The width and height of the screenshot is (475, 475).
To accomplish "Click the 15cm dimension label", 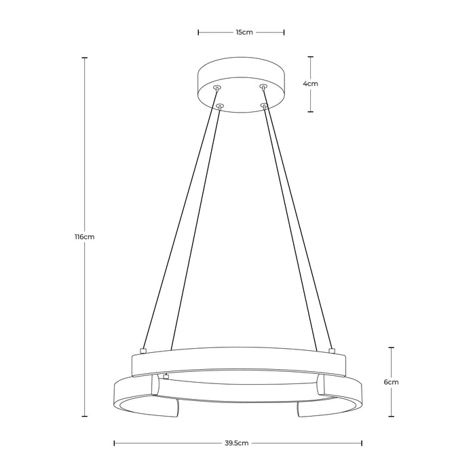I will (x=241, y=31).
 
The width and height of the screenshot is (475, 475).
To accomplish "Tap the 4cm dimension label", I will (x=311, y=83).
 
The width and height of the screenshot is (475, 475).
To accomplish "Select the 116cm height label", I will (x=84, y=237).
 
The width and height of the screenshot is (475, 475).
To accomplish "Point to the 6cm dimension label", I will (x=391, y=382).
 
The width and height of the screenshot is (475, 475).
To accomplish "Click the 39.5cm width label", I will (x=236, y=443).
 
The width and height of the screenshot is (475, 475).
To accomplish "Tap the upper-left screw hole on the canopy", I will (x=216, y=88).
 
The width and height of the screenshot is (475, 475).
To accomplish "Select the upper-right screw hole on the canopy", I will (x=263, y=87).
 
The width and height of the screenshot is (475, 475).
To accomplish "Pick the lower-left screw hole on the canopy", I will (x=220, y=105).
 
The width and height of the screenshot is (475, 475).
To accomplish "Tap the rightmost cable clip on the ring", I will (x=332, y=351).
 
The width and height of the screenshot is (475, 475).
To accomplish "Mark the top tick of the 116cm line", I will (x=84, y=58).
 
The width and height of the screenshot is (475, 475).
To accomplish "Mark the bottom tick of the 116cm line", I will (x=84, y=416).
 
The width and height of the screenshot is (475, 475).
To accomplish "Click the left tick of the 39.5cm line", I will (x=113, y=443).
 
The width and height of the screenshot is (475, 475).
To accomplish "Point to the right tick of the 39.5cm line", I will (x=362, y=443).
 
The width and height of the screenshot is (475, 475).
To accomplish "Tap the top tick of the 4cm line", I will (x=311, y=56).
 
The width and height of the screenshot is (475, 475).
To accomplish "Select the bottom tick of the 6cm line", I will (x=391, y=416).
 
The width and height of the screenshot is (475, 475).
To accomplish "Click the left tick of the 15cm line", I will (x=198, y=31).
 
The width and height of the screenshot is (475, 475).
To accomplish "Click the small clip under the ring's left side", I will (x=166, y=375).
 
